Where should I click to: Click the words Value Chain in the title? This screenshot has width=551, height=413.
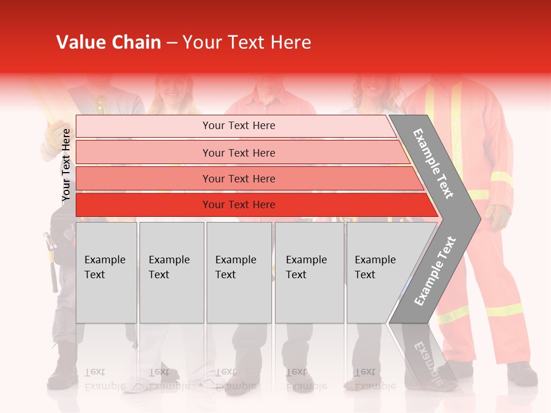point(108,42)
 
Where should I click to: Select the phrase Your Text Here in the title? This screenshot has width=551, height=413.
point(247,42)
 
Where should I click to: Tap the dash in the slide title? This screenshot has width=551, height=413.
point(172,43)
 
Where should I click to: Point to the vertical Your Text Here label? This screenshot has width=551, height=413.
point(66,165)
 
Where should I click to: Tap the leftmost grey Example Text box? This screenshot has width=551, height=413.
point(106,272)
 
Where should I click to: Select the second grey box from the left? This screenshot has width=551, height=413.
point(171,272)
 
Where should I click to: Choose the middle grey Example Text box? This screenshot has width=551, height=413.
point(239,272)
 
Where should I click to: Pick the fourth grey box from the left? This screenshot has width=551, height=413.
point(309,272)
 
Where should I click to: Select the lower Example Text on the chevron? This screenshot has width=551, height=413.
point(435,271)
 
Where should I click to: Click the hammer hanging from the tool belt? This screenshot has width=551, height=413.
point(52,261)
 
